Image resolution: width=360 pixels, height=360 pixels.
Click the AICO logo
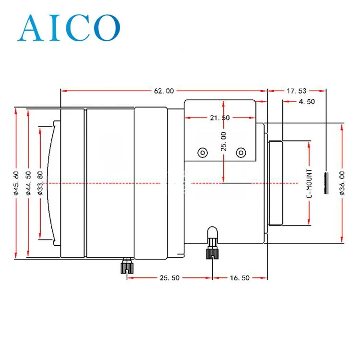pyautogui.click(x=69, y=28)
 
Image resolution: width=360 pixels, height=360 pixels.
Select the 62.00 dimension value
pyautogui.click(x=164, y=91)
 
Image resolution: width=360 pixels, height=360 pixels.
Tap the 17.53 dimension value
pyautogui.click(x=296, y=91)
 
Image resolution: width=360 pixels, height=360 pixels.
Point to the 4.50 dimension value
pyautogui.click(x=307, y=101)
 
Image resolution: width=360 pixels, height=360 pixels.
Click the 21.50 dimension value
pyautogui.click(x=220, y=118)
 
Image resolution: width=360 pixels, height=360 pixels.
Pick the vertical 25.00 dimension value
pyautogui.click(x=223, y=142)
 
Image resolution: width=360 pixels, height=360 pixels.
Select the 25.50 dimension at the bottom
pyautogui.click(x=169, y=278)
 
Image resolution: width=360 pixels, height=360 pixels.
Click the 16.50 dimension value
pyautogui.click(x=240, y=278)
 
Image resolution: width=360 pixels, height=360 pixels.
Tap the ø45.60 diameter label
pyautogui.click(x=16, y=183)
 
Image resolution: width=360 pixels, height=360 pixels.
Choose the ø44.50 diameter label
pyautogui.click(x=28, y=183)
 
